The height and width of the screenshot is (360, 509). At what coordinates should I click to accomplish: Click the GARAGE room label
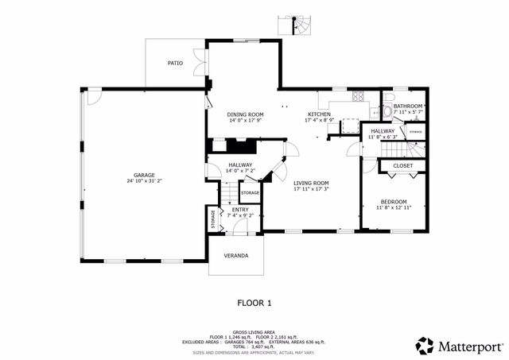pyautogui.click(x=144, y=175)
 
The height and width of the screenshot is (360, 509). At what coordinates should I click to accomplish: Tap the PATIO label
pyautogui.click(x=175, y=62)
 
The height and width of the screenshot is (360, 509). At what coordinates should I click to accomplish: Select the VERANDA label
pyautogui.click(x=235, y=256)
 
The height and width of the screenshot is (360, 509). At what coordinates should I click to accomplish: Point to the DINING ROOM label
pyautogui.click(x=245, y=114)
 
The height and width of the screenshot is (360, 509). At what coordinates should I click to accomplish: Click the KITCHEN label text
pyautogui.click(x=319, y=114)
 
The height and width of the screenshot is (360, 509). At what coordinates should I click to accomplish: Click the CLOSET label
pyautogui.click(x=403, y=165)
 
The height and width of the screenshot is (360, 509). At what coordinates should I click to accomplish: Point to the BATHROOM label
pyautogui.click(x=407, y=106)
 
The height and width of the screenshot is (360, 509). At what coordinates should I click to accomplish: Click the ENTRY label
pyautogui.click(x=240, y=209)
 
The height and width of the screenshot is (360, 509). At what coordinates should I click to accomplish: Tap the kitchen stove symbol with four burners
pyautogui.click(x=358, y=99)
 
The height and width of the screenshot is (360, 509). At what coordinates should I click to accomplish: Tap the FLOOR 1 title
pyautogui.click(x=255, y=303)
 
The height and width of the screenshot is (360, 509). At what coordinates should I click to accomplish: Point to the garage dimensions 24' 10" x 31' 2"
pyautogui.click(x=144, y=181)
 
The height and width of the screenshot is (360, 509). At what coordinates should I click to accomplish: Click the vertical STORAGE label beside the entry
pyautogui.click(x=213, y=219)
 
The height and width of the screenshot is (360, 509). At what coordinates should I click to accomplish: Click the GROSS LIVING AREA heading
pyautogui.click(x=254, y=331)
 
